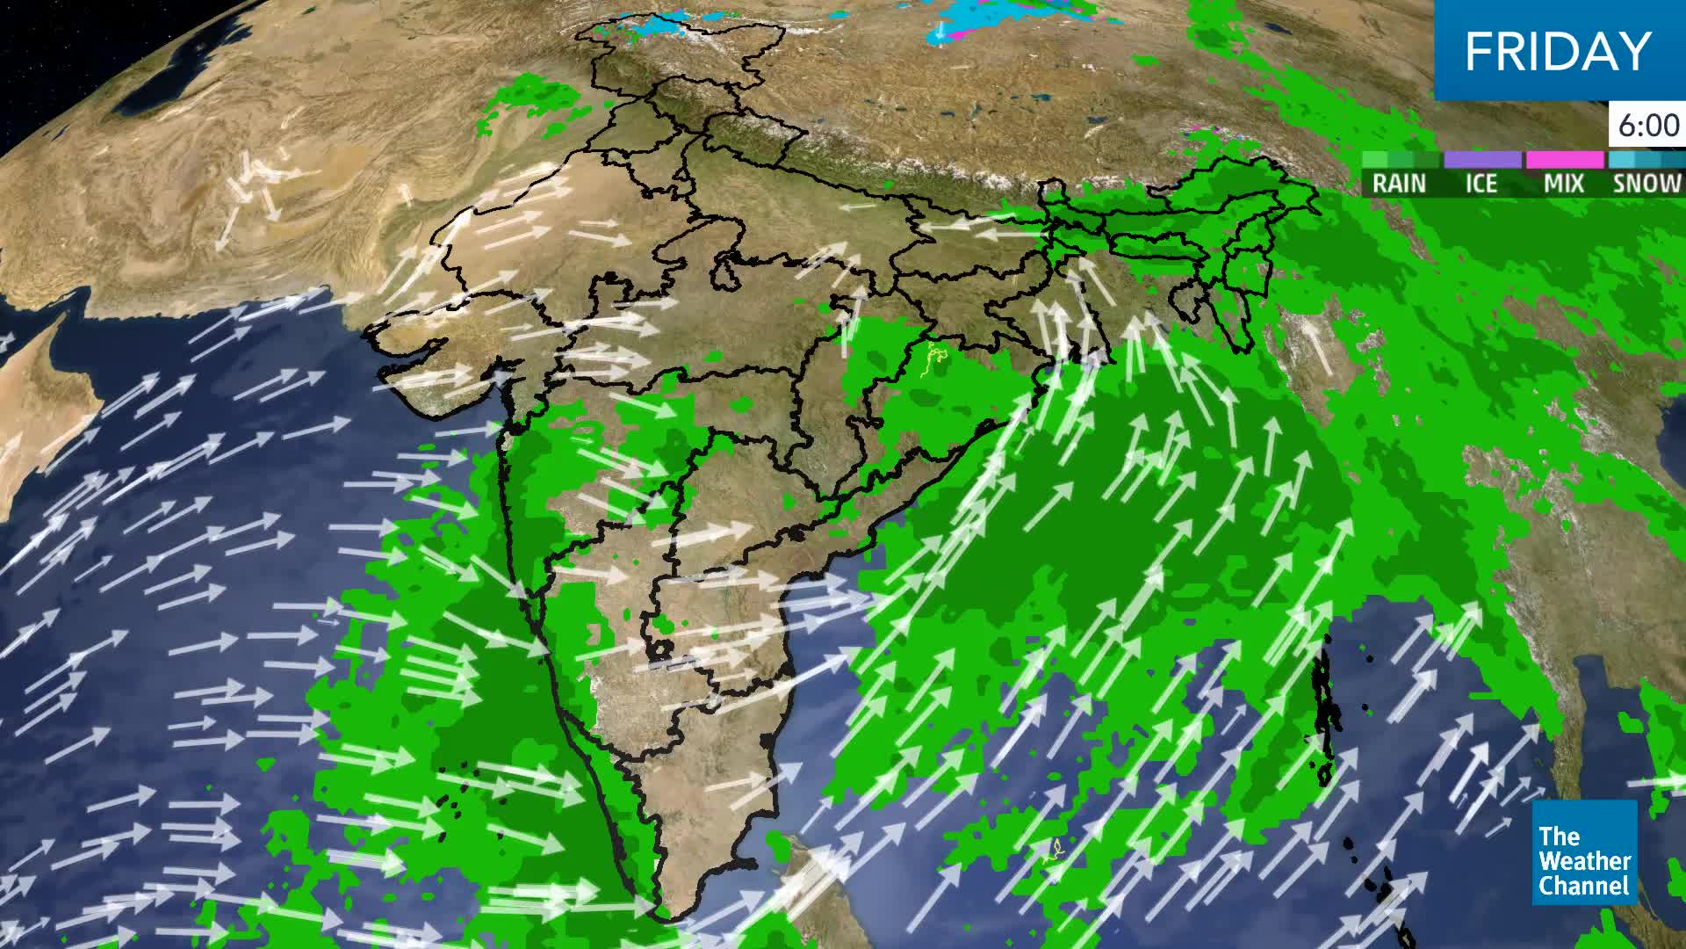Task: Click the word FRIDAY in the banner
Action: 1558,51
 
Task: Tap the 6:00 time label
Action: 1648,127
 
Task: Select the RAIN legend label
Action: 1399,183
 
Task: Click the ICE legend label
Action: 1481,183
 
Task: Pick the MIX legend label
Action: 1563,183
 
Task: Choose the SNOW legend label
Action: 1646,183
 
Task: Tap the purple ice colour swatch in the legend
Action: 1482,160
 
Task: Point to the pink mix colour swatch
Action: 1564,160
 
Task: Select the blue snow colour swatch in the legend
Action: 1645,160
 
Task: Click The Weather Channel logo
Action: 1585,852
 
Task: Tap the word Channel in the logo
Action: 1585,885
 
